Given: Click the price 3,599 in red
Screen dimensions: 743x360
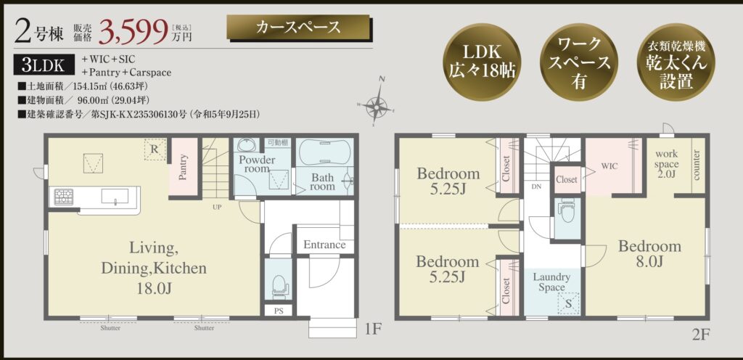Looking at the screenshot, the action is tap(134, 30).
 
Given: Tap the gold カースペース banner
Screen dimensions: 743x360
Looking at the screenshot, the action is tap(298, 27).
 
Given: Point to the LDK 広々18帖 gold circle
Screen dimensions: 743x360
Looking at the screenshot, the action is tap(482, 62).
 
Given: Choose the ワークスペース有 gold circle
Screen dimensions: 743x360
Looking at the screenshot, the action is tap(578, 62).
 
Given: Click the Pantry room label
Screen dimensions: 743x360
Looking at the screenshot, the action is tap(183, 167).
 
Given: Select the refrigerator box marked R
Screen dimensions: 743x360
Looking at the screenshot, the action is tap(155, 150).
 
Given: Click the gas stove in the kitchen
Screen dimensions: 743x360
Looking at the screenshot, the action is tap(64, 197).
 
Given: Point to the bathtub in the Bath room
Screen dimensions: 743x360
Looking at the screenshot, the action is tap(325, 152).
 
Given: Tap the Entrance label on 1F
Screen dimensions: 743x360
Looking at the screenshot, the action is tap(324, 245).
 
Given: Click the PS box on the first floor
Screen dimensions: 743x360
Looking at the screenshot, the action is tap(279, 310).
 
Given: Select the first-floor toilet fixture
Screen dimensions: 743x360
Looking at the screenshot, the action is tap(279, 285).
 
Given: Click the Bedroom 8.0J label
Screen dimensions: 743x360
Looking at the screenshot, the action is tap(649, 253).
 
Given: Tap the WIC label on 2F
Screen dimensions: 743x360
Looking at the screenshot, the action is tap(609, 166).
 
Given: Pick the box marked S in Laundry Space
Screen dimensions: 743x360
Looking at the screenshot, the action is tap(568, 303).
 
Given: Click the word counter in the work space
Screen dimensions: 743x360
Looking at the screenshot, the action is tap(697, 165).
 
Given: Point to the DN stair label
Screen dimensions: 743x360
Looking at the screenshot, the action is tap(536, 187).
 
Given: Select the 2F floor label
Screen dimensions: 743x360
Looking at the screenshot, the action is tap(701, 335).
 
